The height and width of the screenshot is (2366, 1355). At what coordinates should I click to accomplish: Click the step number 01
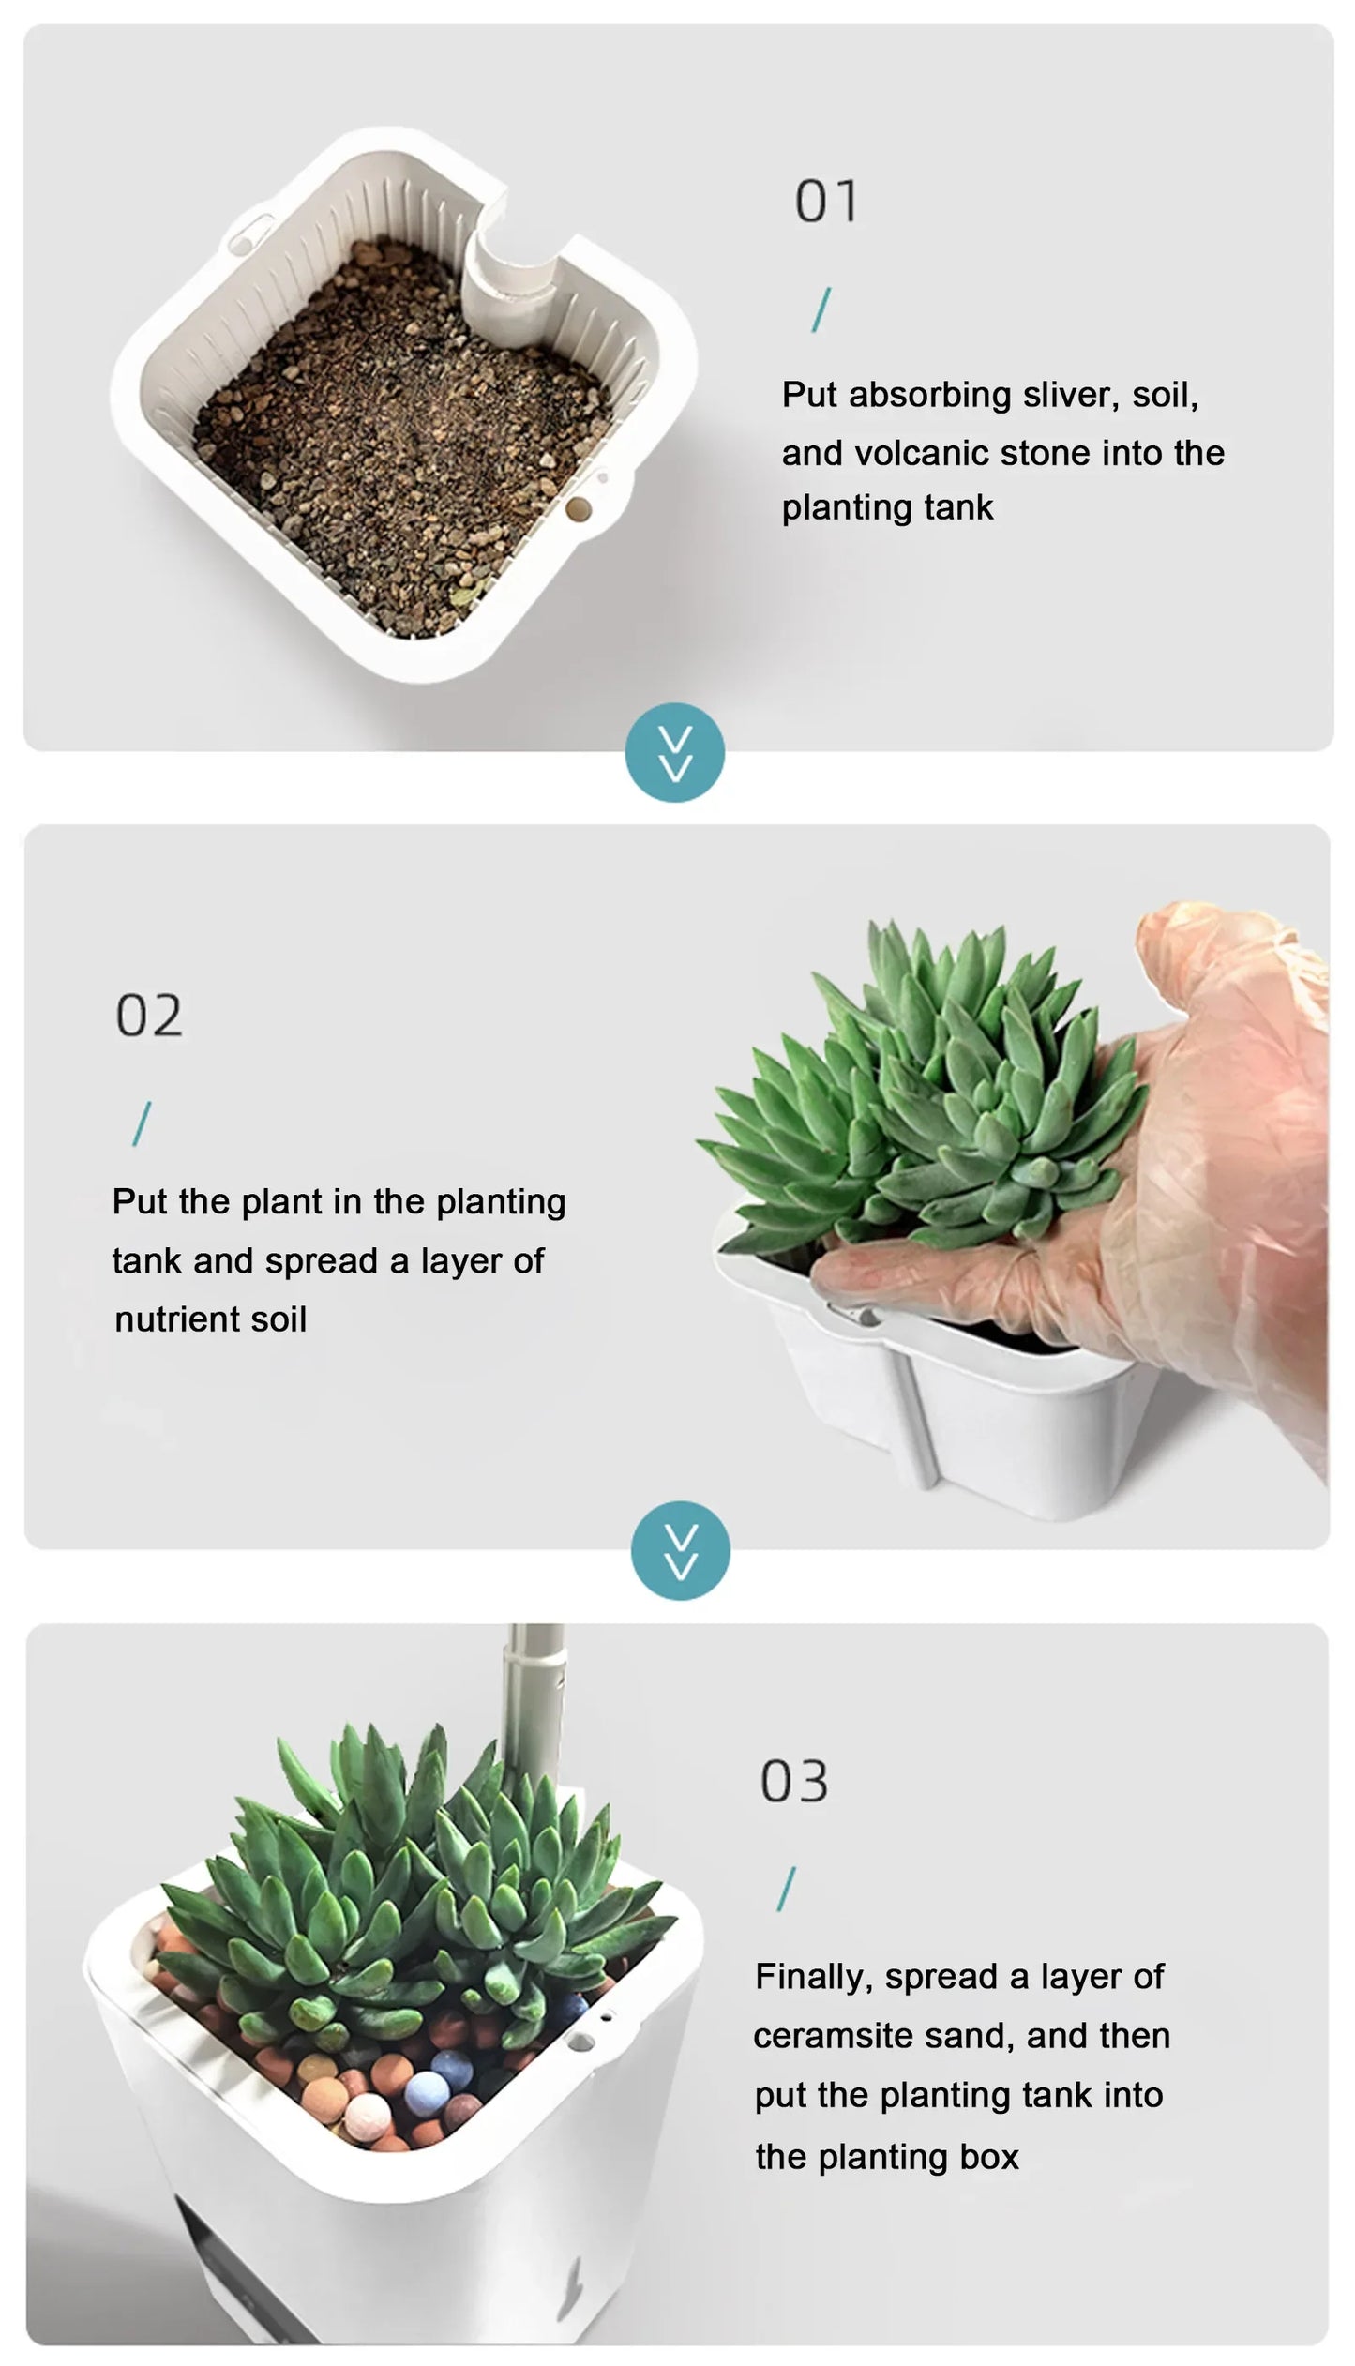click(826, 202)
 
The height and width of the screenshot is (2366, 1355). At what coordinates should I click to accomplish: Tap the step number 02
click(149, 1016)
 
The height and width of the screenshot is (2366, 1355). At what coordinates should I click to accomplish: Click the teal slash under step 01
click(821, 310)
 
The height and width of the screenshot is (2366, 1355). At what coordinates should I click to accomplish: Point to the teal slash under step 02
click(142, 1123)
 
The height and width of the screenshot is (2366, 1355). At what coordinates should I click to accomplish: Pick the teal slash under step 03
click(786, 1889)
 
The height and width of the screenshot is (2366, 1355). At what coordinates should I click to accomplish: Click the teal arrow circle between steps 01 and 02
click(675, 752)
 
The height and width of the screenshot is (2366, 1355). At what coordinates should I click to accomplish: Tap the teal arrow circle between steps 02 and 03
click(680, 1550)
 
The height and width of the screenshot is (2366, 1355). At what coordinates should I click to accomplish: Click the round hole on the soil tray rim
click(580, 509)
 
